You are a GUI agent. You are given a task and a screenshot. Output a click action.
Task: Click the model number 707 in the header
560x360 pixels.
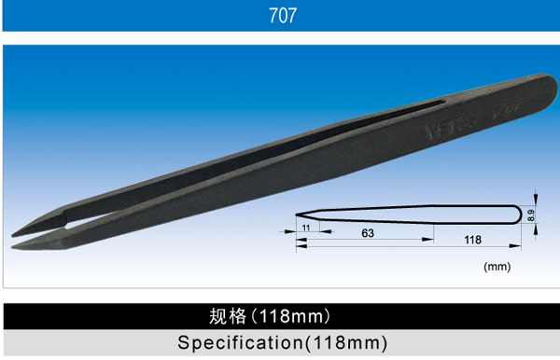pos(283,16)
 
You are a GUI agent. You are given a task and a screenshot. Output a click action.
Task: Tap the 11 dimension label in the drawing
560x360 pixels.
pos(306,228)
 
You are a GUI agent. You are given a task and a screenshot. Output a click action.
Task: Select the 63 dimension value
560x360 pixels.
pos(368,233)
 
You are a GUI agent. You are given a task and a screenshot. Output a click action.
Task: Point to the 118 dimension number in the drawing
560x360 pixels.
pos(472,240)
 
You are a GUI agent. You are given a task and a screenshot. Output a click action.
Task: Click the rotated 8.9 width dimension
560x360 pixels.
pos(531,215)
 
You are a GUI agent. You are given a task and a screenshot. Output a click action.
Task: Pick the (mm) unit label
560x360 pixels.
pos(497,267)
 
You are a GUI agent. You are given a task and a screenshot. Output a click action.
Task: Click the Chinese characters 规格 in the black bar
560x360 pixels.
pos(228,316)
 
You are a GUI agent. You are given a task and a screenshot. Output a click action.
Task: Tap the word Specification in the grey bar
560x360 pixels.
pos(241,343)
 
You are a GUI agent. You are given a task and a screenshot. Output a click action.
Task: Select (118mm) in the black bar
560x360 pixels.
pos(291,316)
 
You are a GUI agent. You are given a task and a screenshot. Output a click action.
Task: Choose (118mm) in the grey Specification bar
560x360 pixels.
pos(346,343)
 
